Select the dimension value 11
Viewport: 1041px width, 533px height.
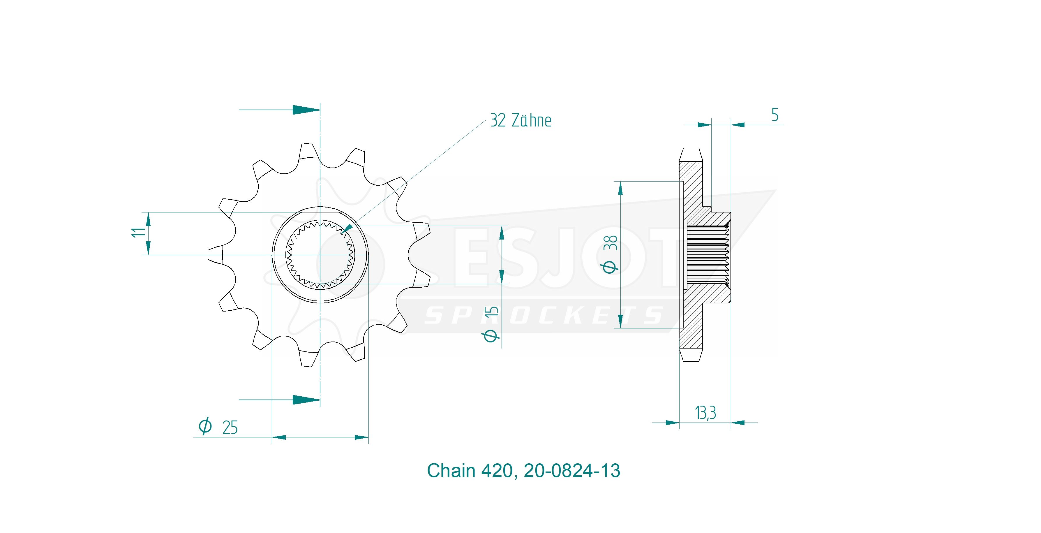click(138, 233)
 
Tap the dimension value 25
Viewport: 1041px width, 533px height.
click(230, 428)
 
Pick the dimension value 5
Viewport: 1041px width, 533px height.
click(775, 115)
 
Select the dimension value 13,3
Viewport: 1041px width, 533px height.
click(705, 413)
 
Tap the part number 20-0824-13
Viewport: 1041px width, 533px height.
click(572, 471)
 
